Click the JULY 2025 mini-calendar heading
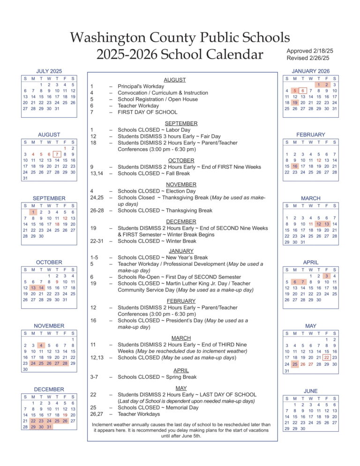click(x=49, y=71)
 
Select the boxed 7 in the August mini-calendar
click(x=57, y=154)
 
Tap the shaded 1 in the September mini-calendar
click(x=33, y=211)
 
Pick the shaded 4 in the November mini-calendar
click(x=41, y=346)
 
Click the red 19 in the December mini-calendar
click(x=65, y=415)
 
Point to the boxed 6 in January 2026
click(x=303, y=90)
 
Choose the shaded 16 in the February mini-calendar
click(x=295, y=166)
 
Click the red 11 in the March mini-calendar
click(x=311, y=224)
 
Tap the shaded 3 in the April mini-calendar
click(x=327, y=276)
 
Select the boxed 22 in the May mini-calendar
click(x=327, y=358)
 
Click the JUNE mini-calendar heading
click(x=310, y=391)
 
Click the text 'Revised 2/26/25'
click(x=308, y=58)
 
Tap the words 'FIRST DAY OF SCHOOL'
click(x=147, y=112)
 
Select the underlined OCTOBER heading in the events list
click(x=181, y=160)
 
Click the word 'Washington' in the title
click(x=114, y=37)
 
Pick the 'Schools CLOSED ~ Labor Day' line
click(x=154, y=130)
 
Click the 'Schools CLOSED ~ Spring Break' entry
click(x=157, y=377)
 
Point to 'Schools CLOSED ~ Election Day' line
click(x=157, y=191)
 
